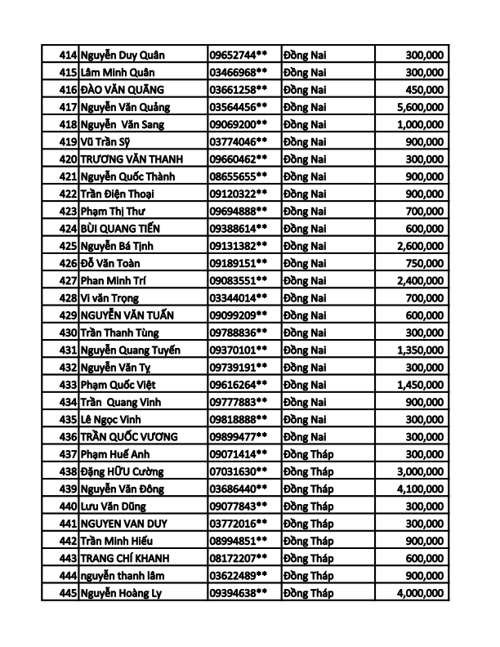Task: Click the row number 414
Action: (x=69, y=55)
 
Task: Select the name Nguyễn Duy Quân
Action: (x=123, y=55)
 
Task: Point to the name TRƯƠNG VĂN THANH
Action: (x=132, y=159)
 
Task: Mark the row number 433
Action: (x=69, y=384)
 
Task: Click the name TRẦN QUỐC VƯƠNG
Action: (x=129, y=436)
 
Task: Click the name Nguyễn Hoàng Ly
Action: (x=121, y=592)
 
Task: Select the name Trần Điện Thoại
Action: (x=118, y=194)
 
